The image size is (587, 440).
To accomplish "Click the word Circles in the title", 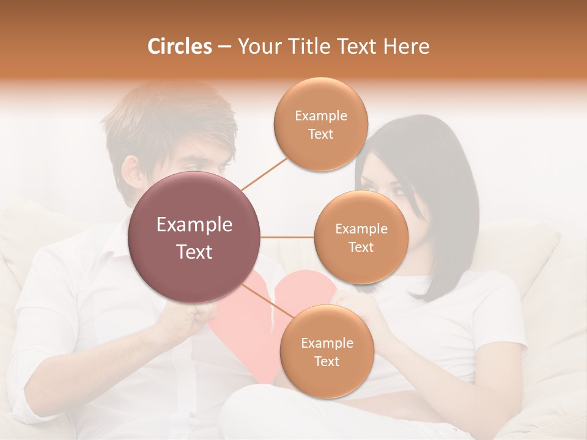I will pos(180,46).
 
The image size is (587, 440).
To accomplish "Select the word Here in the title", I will pos(406,46).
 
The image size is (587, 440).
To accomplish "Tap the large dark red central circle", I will pos(194,237).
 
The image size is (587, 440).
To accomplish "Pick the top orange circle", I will pos(321,125).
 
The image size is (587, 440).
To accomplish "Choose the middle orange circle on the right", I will pos(361,237).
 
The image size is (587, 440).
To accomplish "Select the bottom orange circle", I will pos(327,351).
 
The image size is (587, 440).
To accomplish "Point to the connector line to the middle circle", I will pos(287,237).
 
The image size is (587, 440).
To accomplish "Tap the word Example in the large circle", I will pos(194,225).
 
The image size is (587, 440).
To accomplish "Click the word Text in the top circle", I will pos(321,134).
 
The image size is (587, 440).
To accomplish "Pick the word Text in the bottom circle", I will pos(327,361).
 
